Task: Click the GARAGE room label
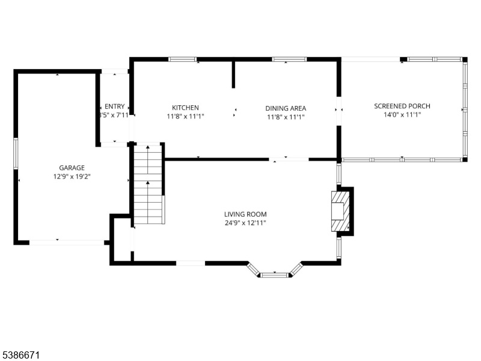pyautogui.click(x=72, y=168)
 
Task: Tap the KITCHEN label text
pyautogui.click(x=185, y=108)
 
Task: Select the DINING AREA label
pyautogui.click(x=286, y=108)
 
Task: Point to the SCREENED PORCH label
pyautogui.click(x=402, y=106)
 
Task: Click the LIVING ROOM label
pyautogui.click(x=245, y=214)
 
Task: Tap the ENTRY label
pyautogui.click(x=114, y=106)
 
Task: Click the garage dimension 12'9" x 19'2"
pyautogui.click(x=72, y=176)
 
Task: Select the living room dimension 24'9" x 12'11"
pyautogui.click(x=245, y=223)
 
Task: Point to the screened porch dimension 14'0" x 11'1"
pyautogui.click(x=402, y=115)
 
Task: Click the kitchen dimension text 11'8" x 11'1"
pyautogui.click(x=185, y=116)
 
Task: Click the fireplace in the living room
pyautogui.click(x=340, y=211)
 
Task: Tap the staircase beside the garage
pyautogui.click(x=148, y=184)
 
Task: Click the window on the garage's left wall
pyautogui.click(x=16, y=153)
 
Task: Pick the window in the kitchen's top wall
pyautogui.click(x=183, y=59)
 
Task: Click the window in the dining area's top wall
pyautogui.click(x=289, y=59)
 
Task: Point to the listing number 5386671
pyautogui.click(x=20, y=355)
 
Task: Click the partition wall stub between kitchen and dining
pyautogui.click(x=233, y=75)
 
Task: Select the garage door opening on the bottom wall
pyautogui.click(x=67, y=242)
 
